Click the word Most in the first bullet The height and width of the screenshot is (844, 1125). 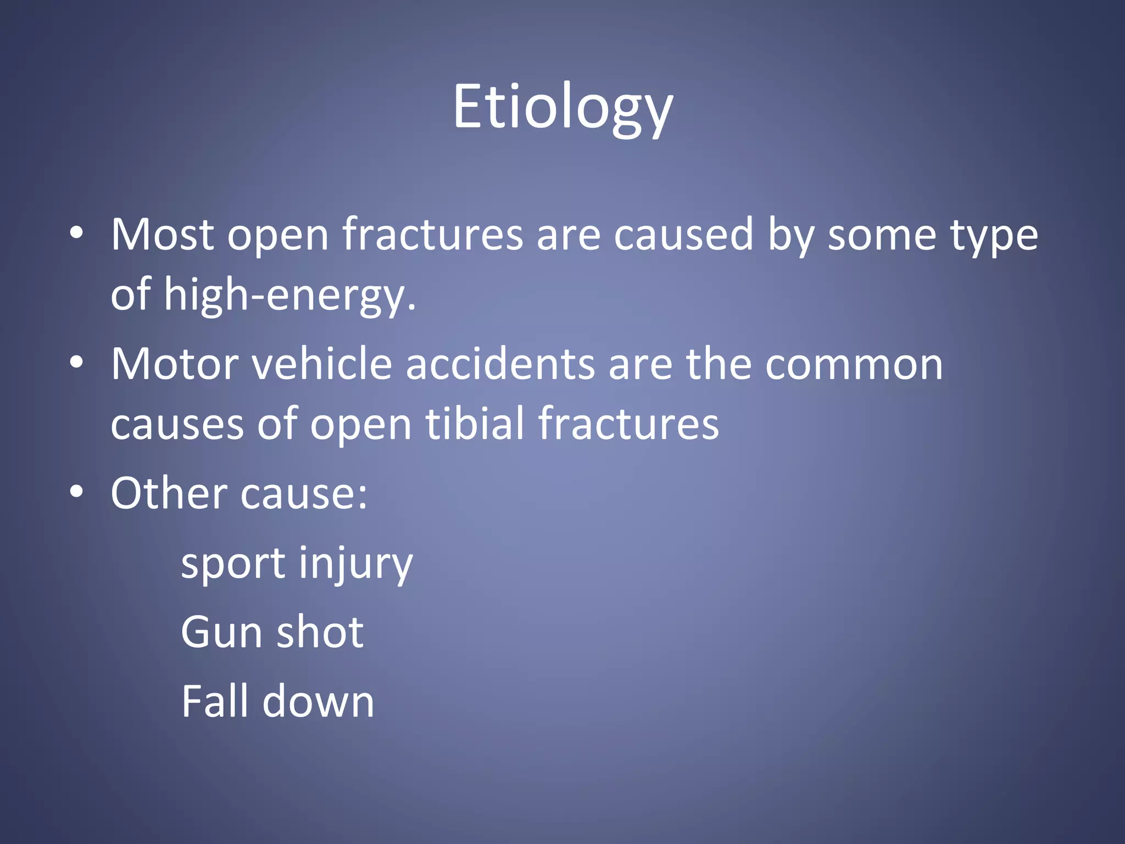click(x=162, y=235)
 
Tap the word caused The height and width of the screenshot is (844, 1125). click(x=683, y=235)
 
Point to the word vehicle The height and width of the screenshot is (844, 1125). click(x=322, y=364)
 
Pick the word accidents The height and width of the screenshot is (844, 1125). click(x=500, y=364)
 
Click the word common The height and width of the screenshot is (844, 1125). click(x=854, y=364)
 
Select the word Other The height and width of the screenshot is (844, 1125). click(x=168, y=493)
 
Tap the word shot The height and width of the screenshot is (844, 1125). click(x=320, y=632)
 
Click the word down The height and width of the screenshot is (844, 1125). click(x=319, y=702)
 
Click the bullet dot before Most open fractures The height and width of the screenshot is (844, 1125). click(x=76, y=233)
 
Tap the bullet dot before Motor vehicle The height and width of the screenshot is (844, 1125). click(x=76, y=362)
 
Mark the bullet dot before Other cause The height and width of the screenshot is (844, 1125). click(x=76, y=491)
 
